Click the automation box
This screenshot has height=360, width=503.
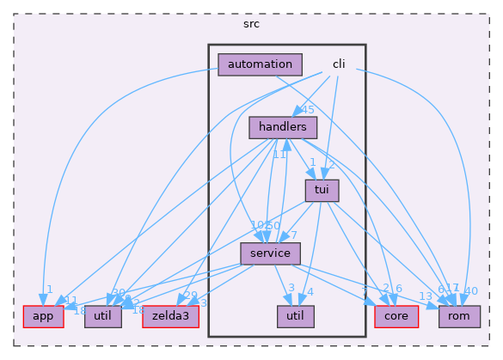pos(261,64)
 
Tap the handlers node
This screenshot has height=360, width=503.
pos(283,127)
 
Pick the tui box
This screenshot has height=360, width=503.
pos(322,190)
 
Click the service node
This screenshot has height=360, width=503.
pos(270,253)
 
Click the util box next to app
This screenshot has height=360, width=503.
pos(102,317)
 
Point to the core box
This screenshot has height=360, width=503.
pos(396,317)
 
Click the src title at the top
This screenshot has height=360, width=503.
pos(251,23)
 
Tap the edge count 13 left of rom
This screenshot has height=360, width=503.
pos(425,296)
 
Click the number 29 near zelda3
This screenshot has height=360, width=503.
pos(190,295)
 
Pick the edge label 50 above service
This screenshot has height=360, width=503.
pos(274,225)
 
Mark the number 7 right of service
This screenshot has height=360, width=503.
pos(293,235)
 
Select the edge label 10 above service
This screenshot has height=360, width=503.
pos(257,225)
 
